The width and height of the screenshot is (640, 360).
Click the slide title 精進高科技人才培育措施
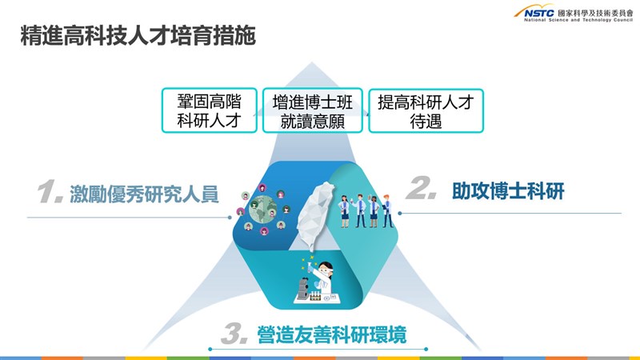click(138, 35)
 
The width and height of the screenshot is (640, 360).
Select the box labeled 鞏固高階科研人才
click(210, 110)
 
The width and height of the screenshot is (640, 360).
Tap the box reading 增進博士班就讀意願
click(313, 110)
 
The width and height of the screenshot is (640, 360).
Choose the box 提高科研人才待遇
click(426, 110)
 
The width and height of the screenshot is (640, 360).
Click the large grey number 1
click(50, 191)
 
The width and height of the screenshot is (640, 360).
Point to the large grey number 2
click(421, 188)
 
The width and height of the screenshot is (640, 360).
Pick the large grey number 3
click(234, 333)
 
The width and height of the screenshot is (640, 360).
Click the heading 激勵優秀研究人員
click(144, 194)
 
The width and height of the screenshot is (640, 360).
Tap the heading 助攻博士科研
click(508, 191)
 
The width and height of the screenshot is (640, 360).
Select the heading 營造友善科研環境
click(332, 334)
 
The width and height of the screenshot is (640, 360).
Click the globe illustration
click(263, 210)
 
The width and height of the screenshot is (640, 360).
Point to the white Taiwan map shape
click(314, 215)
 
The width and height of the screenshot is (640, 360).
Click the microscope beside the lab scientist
click(303, 289)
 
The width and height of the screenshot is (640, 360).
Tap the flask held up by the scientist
click(310, 267)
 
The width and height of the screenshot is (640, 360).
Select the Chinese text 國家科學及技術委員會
click(595, 13)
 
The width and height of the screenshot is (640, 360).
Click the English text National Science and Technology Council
click(578, 19)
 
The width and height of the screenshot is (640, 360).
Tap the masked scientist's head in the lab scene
click(326, 269)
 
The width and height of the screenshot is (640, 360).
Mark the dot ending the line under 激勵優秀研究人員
click(230, 218)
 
